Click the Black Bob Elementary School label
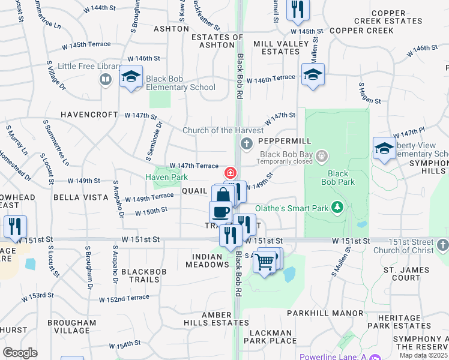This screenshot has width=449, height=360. (x=181, y=83)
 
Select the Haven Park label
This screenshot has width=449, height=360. (x=166, y=177)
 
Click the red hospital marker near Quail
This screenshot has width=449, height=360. (x=230, y=173)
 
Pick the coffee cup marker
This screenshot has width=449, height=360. (x=220, y=212)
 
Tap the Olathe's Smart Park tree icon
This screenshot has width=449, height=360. (x=337, y=208)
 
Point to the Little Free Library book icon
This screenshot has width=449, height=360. (x=106, y=80)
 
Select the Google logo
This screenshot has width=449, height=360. (x=20, y=353)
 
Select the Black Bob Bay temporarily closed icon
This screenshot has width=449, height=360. (x=322, y=157)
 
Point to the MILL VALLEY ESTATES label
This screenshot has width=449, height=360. (x=276, y=48)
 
